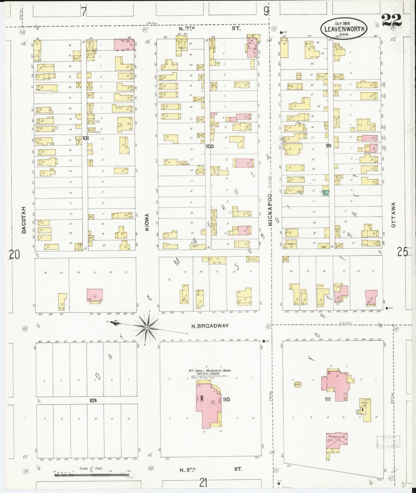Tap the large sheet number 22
[392, 20]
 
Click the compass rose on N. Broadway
[146, 328]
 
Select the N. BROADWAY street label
[210, 326]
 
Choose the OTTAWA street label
[393, 214]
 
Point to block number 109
[93, 408]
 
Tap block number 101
[86, 138]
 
